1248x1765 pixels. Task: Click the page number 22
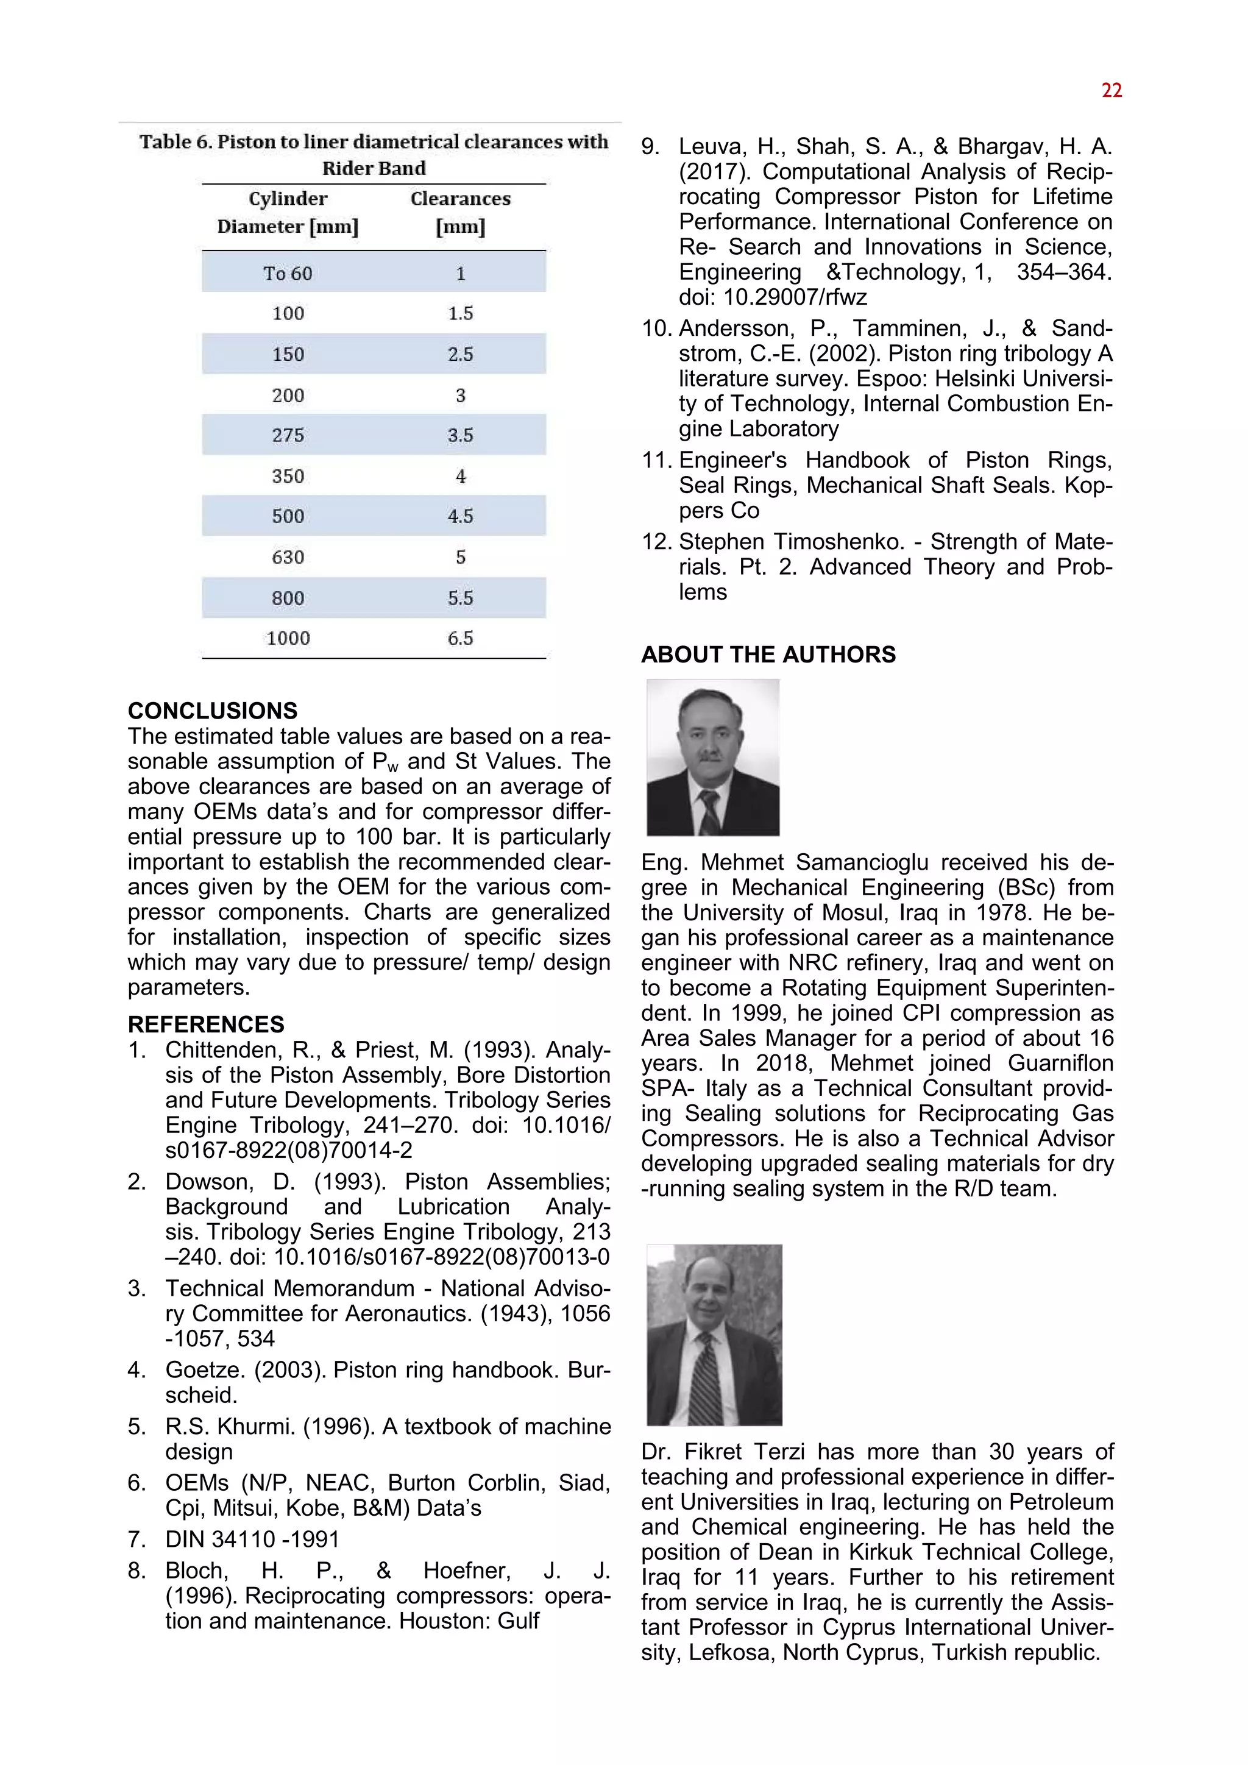(1111, 91)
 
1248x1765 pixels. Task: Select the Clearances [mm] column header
(460, 212)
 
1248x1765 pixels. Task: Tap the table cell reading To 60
(288, 274)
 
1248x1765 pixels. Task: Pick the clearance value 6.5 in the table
(460, 638)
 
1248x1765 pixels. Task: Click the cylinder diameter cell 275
(288, 435)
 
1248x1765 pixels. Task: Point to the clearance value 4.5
(460, 516)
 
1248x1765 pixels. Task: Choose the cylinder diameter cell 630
(288, 556)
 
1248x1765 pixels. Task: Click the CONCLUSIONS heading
(212, 710)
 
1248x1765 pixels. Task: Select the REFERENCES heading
(206, 1024)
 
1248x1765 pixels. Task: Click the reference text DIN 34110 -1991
(252, 1539)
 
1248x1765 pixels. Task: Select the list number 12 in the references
(656, 542)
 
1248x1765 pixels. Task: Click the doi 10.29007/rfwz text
(772, 297)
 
